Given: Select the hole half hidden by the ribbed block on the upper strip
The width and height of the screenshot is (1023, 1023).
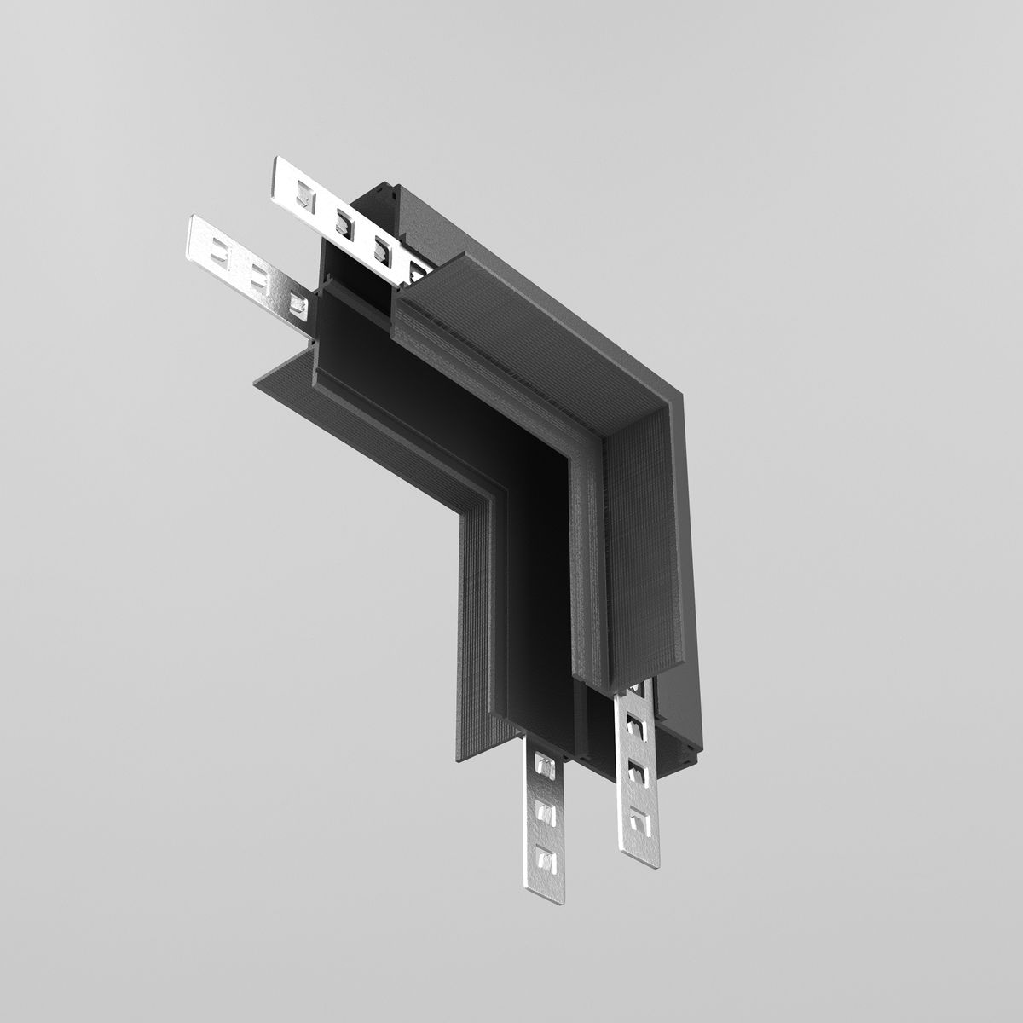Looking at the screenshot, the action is click(x=417, y=272).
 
